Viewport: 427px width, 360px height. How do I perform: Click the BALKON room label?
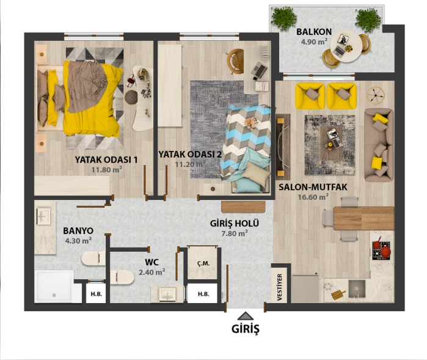(x=314, y=32)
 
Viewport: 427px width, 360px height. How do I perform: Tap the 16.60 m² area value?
(x=313, y=197)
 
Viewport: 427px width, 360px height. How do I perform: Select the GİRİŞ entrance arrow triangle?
(x=246, y=316)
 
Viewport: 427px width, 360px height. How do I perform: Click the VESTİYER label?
(x=279, y=287)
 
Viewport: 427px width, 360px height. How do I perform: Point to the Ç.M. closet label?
(x=203, y=263)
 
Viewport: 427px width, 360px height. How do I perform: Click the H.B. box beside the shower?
(x=96, y=294)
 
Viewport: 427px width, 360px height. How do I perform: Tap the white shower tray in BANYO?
(x=54, y=287)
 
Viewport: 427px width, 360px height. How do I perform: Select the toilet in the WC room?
(x=122, y=277)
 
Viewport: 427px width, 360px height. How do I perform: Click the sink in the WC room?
(x=167, y=294)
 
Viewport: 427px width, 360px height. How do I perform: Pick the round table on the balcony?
(x=345, y=46)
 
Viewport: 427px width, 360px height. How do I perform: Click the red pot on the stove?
(x=385, y=252)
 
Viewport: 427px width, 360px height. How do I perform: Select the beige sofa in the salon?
(x=379, y=145)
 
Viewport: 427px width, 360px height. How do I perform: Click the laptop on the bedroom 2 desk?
(x=259, y=70)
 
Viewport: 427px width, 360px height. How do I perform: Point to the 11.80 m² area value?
(x=106, y=170)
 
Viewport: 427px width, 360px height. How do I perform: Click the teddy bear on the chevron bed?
(x=251, y=123)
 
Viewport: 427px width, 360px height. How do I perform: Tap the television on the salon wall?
(x=283, y=147)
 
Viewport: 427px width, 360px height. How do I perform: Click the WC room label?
(x=151, y=262)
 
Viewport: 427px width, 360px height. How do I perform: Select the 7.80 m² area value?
(x=235, y=233)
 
